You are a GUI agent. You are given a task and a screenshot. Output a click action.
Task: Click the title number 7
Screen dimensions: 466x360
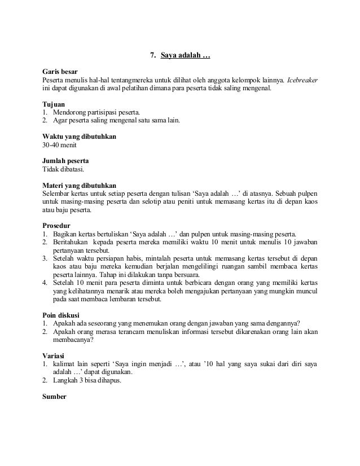tap(152, 56)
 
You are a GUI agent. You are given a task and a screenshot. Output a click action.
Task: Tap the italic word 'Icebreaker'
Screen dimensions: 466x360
tap(302, 81)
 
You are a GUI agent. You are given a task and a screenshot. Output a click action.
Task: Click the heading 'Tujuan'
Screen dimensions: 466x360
tap(54, 105)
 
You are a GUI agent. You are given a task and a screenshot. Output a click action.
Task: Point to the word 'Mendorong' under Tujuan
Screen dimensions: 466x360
tap(68, 113)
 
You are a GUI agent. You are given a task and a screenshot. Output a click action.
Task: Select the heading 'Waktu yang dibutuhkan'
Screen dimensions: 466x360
tap(80, 137)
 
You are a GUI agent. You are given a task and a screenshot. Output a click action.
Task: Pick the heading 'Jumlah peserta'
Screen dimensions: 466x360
tap(65, 161)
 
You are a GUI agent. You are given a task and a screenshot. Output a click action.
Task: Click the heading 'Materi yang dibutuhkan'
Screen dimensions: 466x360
tap(80, 185)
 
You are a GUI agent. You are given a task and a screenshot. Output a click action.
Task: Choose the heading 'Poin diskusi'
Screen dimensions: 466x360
tap(61, 314)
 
